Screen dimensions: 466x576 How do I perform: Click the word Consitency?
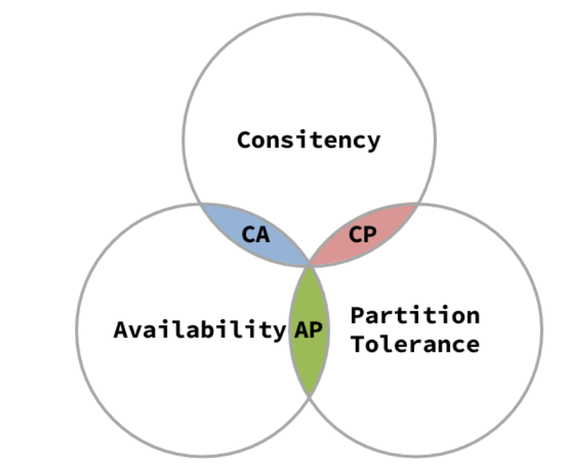tap(308, 140)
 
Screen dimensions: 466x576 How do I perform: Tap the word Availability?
tap(199, 330)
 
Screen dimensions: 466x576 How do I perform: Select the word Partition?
tap(415, 314)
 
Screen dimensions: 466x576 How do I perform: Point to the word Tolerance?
tap(415, 344)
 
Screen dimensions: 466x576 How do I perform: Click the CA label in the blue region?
tap(256, 234)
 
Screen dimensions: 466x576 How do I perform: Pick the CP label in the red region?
tap(362, 234)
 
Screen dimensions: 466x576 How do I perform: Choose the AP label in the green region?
tap(308, 330)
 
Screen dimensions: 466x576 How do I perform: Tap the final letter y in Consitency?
tap(373, 142)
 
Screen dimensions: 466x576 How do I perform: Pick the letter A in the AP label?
tap(301, 330)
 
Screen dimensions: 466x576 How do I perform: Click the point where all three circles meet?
tap(309, 265)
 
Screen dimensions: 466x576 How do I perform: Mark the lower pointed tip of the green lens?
tap(309, 395)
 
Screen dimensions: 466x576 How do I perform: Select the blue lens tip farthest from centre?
tap(201, 204)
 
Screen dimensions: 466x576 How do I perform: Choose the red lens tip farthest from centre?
tap(417, 204)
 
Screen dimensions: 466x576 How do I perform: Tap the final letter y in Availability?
tap(278, 333)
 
